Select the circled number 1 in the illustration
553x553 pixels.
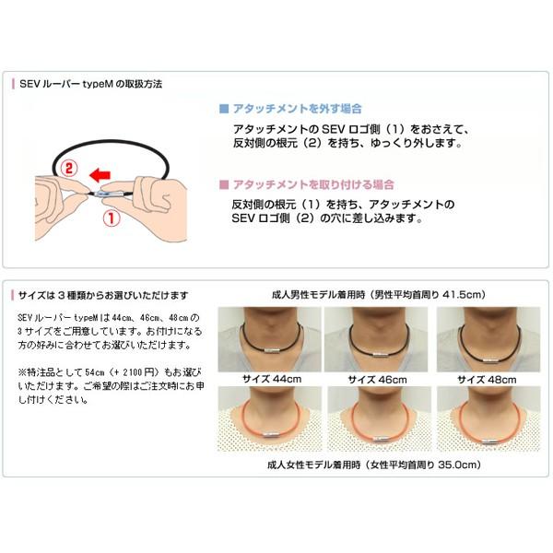pos(109,219)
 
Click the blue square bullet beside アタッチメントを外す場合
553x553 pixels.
pos(223,108)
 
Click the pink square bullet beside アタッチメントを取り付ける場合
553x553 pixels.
pos(223,183)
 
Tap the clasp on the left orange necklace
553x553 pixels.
pos(270,430)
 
